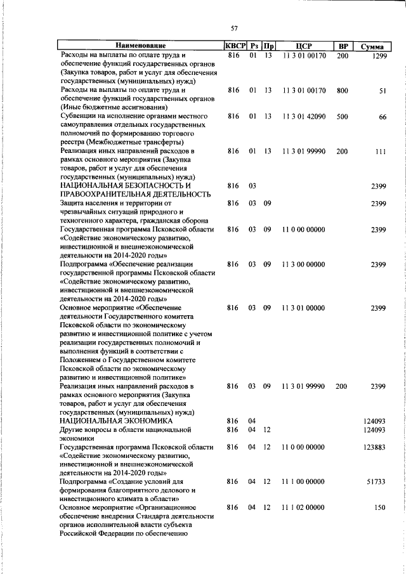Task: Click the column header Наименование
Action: (140, 46)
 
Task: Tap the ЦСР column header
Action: (304, 46)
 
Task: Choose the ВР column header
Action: (343, 46)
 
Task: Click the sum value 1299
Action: (379, 56)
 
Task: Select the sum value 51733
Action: (376, 482)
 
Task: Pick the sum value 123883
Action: (374, 447)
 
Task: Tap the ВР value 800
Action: (343, 91)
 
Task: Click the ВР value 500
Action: (343, 117)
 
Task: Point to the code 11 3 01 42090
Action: (304, 117)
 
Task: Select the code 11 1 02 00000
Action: (304, 508)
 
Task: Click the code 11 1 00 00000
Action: (304, 482)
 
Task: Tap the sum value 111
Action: (381, 152)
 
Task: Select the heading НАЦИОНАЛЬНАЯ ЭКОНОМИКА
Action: (116, 421)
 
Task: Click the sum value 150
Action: (380, 508)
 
